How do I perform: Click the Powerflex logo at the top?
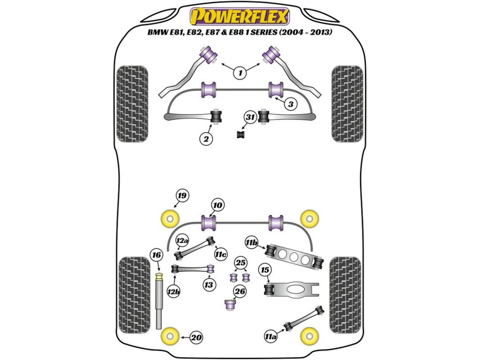pyautogui.click(x=240, y=17)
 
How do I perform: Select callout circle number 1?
pyautogui.click(x=240, y=73)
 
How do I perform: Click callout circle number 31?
pyautogui.click(x=249, y=118)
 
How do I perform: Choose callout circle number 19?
pyautogui.click(x=181, y=196)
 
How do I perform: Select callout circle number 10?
pyautogui.click(x=217, y=205)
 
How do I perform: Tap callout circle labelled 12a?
pyautogui.click(x=182, y=241)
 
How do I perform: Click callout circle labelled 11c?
pyautogui.click(x=221, y=254)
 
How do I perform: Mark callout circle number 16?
pyautogui.click(x=156, y=255)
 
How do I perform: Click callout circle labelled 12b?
pyautogui.click(x=173, y=292)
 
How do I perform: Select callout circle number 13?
pyautogui.click(x=208, y=284)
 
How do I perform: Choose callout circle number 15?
pyautogui.click(x=265, y=270)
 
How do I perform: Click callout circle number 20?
pyautogui.click(x=197, y=337)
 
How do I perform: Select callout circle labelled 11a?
pyautogui.click(x=270, y=336)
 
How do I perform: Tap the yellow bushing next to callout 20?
pyautogui.click(x=170, y=336)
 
